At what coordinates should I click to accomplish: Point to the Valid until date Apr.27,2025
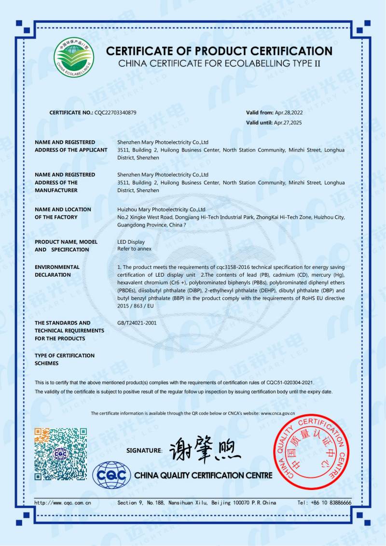(x=288, y=123)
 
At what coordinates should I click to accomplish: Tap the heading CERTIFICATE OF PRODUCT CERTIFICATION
(x=219, y=51)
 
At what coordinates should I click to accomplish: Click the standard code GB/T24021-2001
(x=137, y=322)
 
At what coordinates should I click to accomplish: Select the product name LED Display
(x=131, y=242)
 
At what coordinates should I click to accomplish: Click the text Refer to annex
(x=135, y=249)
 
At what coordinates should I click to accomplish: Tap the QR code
(x=61, y=454)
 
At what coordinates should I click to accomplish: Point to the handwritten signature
(x=205, y=450)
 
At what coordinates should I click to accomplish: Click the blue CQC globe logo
(x=111, y=476)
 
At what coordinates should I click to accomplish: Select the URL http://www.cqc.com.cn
(x=63, y=503)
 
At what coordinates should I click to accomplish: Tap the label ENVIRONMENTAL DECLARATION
(x=57, y=271)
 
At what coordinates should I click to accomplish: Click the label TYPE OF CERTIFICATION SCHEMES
(x=65, y=359)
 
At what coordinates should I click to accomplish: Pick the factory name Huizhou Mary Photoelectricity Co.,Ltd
(x=162, y=210)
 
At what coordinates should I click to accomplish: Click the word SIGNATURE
(x=144, y=450)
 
